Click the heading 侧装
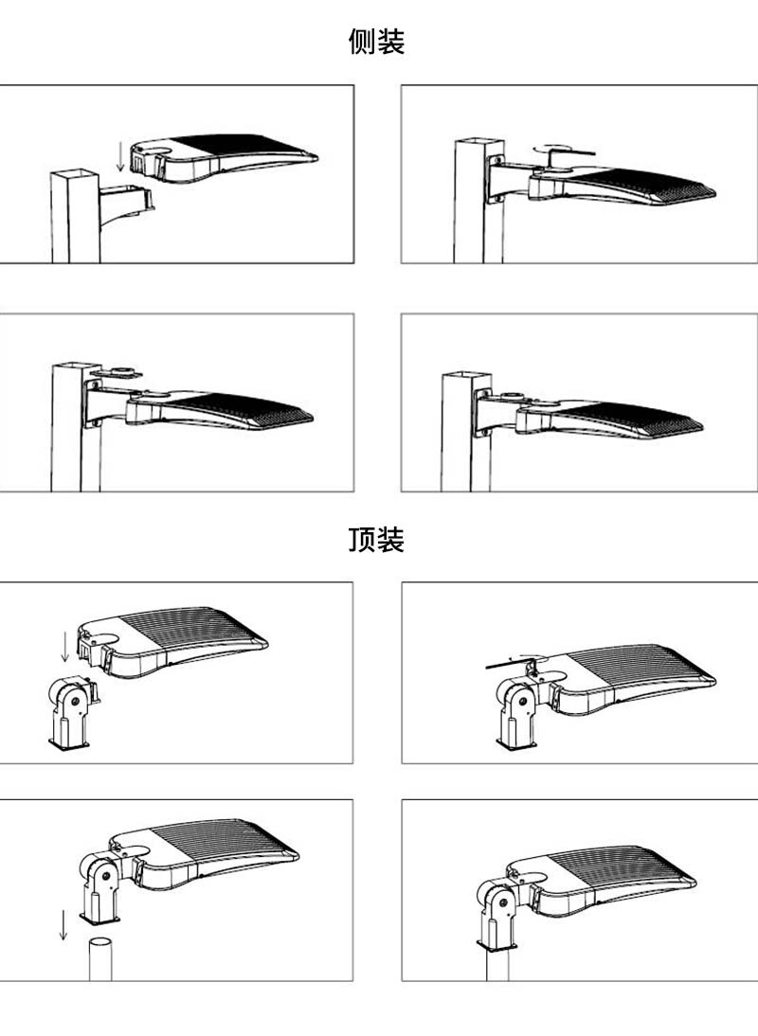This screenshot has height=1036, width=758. pos(377,43)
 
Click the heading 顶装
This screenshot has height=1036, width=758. pos(377,540)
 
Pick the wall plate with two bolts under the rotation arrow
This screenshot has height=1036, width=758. pos(496,180)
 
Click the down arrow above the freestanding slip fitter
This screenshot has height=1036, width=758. pos(64,645)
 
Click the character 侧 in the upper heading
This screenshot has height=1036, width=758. pos(363,43)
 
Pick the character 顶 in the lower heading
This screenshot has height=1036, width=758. pos(363,540)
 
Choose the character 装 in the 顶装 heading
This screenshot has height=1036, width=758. pos(391,540)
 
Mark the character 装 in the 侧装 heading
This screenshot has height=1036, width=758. pos(391,43)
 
